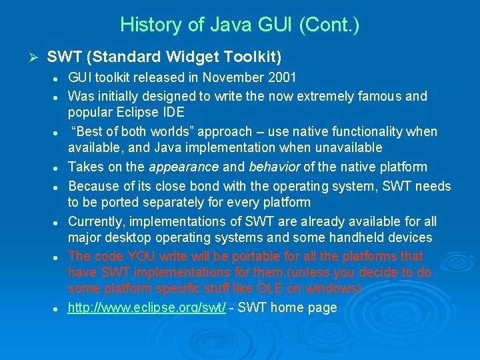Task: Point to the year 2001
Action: tap(283, 77)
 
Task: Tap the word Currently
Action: tap(97, 221)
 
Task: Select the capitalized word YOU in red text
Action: tap(139, 256)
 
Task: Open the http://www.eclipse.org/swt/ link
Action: tap(147, 307)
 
